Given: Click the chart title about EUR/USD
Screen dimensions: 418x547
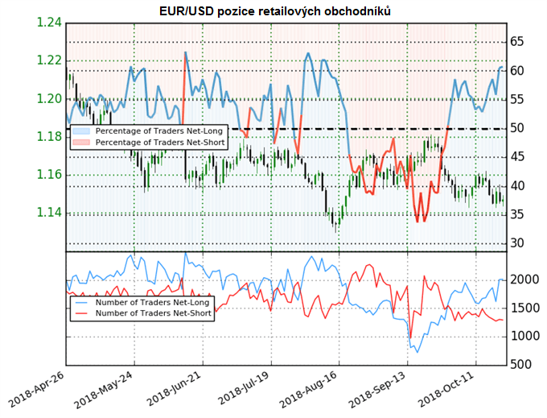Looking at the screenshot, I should point(274,10).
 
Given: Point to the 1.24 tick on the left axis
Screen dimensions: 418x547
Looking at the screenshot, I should point(48,23).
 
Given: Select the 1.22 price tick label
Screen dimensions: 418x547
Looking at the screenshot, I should point(48,61).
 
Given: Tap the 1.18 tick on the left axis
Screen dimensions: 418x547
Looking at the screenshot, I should point(48,138).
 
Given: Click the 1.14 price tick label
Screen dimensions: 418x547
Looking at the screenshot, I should point(48,213).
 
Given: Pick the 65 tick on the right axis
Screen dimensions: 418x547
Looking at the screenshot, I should point(518,42).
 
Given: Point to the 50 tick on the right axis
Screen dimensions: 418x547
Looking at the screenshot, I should point(518,129).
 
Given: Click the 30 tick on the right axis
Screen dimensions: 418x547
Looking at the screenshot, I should point(518,243).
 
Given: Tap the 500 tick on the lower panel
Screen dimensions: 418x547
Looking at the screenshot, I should point(520,365).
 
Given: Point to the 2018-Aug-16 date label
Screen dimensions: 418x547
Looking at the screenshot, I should point(304,390).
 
